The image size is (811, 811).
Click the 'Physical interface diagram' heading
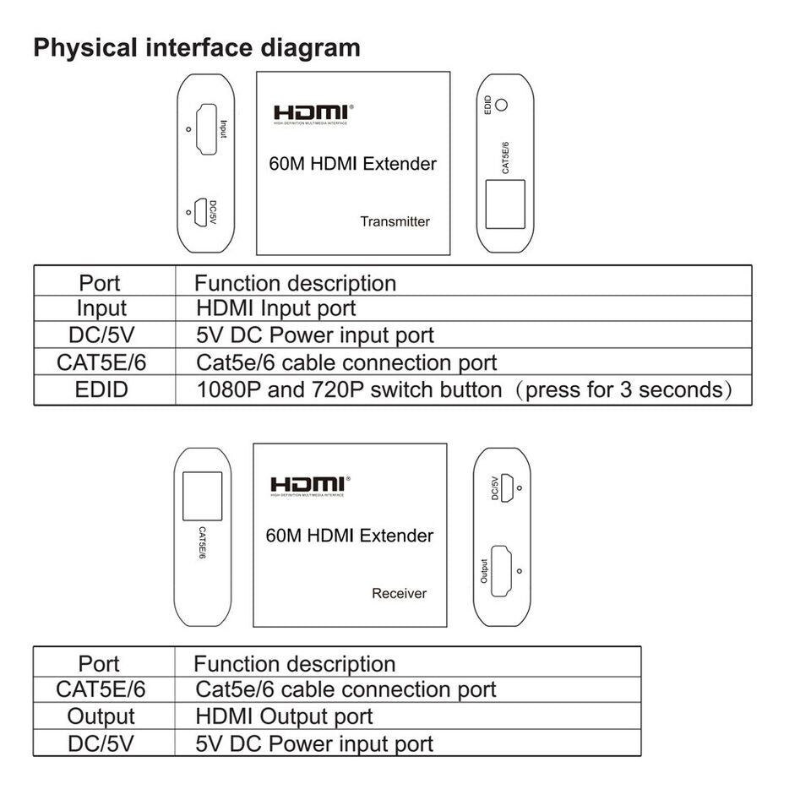coord(196,47)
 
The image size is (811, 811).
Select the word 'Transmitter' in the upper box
coord(395,222)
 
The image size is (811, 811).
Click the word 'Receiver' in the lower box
coord(399,593)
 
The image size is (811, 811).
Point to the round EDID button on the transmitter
coord(501,106)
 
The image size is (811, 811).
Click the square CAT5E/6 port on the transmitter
coord(505,204)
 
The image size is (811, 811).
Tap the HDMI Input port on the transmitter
coord(205,130)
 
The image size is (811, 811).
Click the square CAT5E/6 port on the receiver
coord(203,496)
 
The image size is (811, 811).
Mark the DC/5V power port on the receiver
coord(509,487)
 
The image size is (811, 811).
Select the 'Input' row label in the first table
coord(101,309)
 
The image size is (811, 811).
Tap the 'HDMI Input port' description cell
coord(275,309)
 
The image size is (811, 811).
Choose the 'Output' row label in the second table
coord(101,717)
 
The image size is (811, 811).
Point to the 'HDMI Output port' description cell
coord(284,717)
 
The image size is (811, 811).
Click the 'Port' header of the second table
coord(99,664)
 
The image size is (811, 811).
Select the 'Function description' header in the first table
coord(295,283)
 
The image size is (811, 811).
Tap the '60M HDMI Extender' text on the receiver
coord(349,536)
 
